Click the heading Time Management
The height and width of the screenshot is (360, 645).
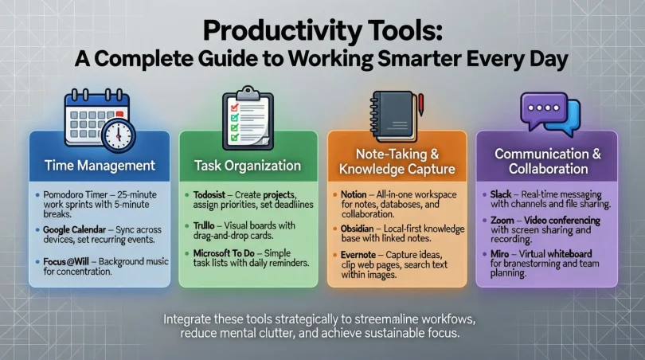coord(100,166)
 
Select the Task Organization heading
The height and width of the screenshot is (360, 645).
coord(248,166)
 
